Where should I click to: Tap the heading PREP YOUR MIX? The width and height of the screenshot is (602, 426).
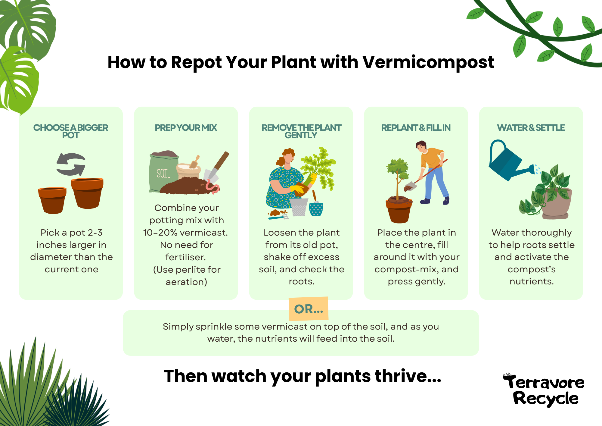click(186, 128)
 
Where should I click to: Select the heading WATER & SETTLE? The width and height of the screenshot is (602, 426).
click(531, 128)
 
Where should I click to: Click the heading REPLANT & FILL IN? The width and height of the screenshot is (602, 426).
click(416, 128)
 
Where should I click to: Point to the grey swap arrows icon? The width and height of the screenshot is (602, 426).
click(71, 164)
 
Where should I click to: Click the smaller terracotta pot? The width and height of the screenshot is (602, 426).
click(52, 199)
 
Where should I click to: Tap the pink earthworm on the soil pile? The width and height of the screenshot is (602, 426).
click(213, 187)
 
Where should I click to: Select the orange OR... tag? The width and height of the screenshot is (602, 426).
click(309, 309)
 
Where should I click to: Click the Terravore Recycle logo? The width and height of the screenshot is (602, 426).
click(544, 390)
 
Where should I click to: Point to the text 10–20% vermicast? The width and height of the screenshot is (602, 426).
click(185, 233)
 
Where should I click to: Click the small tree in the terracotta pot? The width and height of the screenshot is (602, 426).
click(398, 178)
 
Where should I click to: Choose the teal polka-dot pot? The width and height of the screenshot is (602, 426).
click(316, 209)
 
